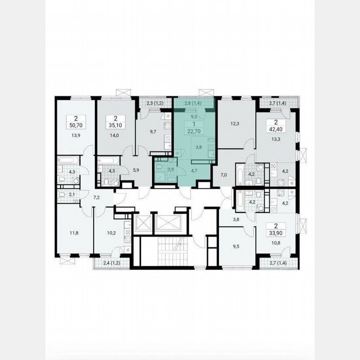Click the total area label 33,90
coord(276,233)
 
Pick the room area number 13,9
coord(75,135)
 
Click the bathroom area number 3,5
coord(165,170)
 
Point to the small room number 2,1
coord(71,195)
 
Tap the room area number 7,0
coord(223,175)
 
